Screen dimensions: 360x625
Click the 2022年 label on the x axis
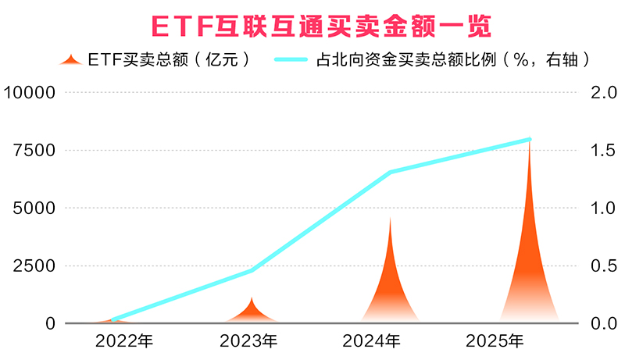[124, 341]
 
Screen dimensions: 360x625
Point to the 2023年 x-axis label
[249, 341]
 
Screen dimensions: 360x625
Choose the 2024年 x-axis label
[372, 341]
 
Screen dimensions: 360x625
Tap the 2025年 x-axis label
[495, 341]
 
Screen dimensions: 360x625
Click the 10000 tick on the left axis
[30, 92]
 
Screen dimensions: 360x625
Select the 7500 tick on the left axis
[34, 150]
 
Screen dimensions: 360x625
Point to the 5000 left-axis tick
[34, 208]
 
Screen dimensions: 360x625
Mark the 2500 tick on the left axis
[34, 266]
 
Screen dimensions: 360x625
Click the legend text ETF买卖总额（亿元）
[169, 59]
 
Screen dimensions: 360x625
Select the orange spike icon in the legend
[72, 60]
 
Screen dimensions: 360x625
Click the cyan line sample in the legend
[294, 59]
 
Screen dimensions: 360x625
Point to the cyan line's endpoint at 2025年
[529, 140]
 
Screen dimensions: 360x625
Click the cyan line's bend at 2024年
[389, 173]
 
